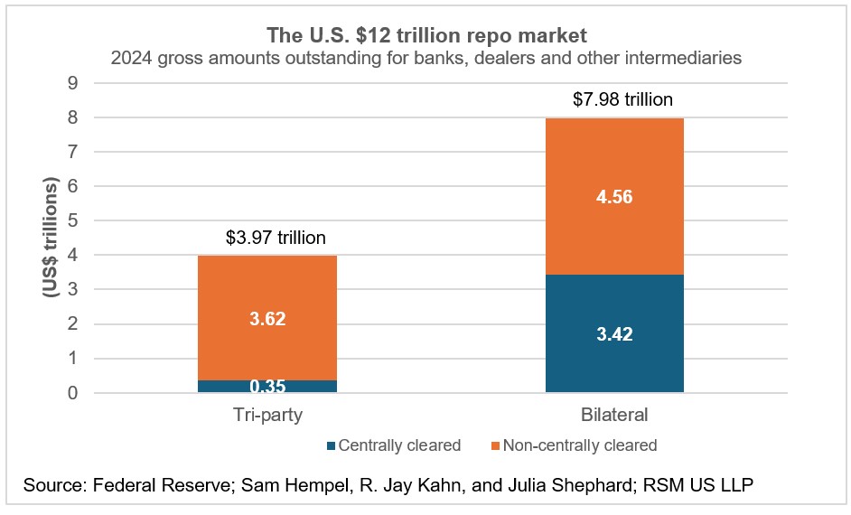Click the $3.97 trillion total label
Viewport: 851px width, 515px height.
pos(275,239)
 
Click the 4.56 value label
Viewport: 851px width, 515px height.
pos(614,196)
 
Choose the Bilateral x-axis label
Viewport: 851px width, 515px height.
pos(614,417)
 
